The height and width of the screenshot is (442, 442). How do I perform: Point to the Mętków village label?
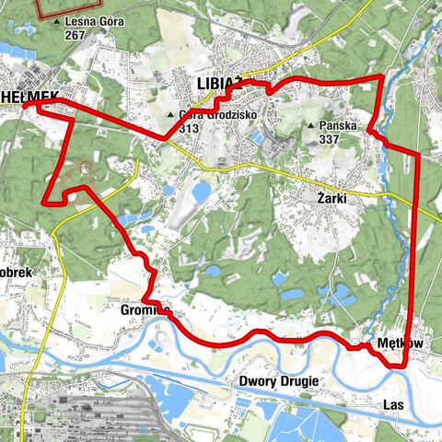pos(399,343)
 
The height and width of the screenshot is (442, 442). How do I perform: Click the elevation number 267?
pos(76,35)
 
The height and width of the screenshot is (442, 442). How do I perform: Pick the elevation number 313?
pos(189,128)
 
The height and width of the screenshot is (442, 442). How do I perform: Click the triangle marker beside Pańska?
pos(311,125)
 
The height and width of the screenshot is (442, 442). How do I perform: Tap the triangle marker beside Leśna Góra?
pos(57,20)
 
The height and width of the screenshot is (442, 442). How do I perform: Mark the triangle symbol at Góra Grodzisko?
pos(170,115)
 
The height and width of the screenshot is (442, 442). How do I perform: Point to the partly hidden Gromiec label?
pos(138,311)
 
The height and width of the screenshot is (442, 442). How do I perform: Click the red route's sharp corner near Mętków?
pos(404,366)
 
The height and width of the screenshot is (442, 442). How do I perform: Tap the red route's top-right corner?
pos(381,77)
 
